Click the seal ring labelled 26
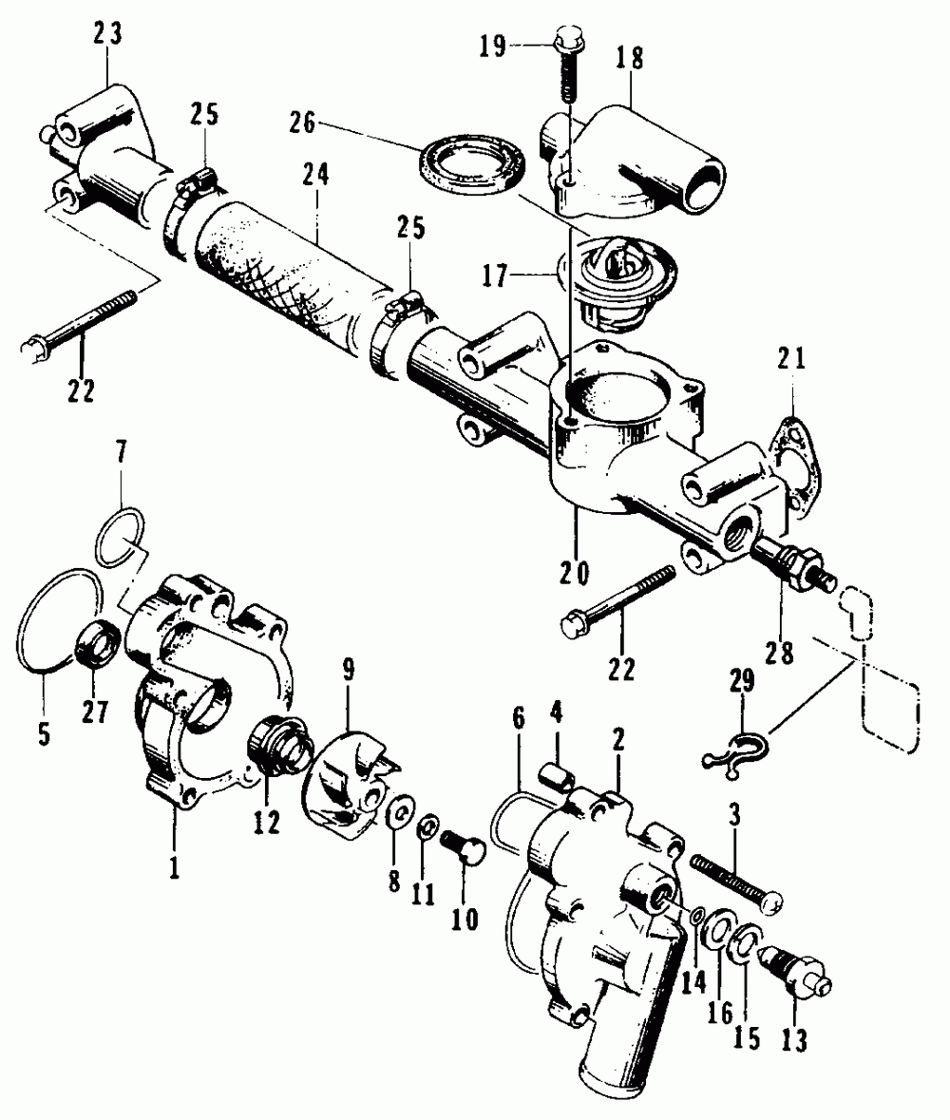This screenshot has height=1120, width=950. click(x=472, y=162)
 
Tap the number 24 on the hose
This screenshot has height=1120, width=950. click(x=314, y=176)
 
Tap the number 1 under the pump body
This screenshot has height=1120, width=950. click(x=173, y=844)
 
